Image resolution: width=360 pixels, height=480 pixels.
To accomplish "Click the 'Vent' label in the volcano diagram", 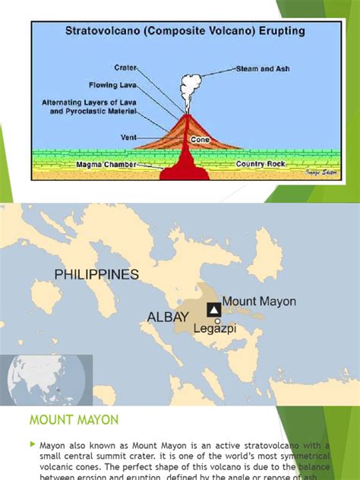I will pyautogui.click(x=128, y=138).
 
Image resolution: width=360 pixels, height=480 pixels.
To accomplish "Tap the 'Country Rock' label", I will pyautogui.click(x=260, y=163).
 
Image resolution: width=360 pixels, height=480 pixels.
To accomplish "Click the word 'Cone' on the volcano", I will pyautogui.click(x=201, y=140).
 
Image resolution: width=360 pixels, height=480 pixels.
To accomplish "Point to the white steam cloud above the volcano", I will pyautogui.click(x=187, y=83).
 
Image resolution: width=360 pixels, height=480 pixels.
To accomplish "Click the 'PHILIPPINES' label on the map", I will pyautogui.click(x=96, y=273).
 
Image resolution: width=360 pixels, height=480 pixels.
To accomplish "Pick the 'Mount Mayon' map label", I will pyautogui.click(x=260, y=302).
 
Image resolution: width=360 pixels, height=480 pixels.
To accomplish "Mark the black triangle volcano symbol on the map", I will pyautogui.click(x=214, y=309).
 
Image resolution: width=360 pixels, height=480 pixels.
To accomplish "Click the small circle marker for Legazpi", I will pyautogui.click(x=218, y=321).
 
